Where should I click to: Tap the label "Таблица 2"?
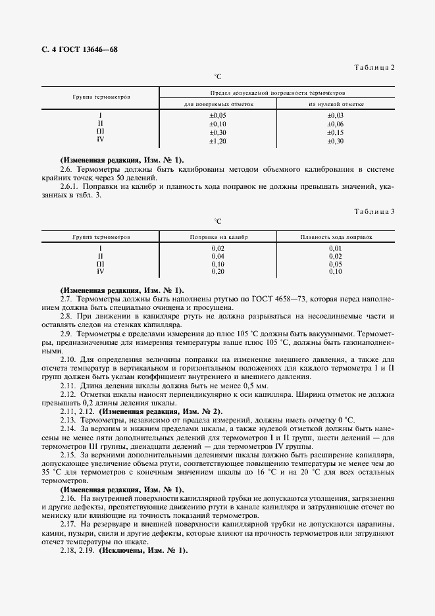tap(374, 68)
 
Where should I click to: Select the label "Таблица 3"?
tap(374, 212)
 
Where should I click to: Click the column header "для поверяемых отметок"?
tap(218, 104)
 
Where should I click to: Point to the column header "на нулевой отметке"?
tap(336, 104)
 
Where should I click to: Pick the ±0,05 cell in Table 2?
tap(218, 116)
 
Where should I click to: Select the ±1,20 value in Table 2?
tap(218, 140)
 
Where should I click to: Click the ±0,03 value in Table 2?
tap(336, 116)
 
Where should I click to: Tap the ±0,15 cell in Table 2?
tap(336, 132)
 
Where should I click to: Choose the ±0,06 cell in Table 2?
tap(336, 124)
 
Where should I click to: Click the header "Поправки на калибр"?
tap(218, 236)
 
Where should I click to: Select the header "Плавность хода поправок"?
tap(336, 236)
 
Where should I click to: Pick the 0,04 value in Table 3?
tap(218, 255)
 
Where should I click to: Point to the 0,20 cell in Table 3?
tap(218, 271)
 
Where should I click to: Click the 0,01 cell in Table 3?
tap(336, 247)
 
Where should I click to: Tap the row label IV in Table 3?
tap(101, 271)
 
